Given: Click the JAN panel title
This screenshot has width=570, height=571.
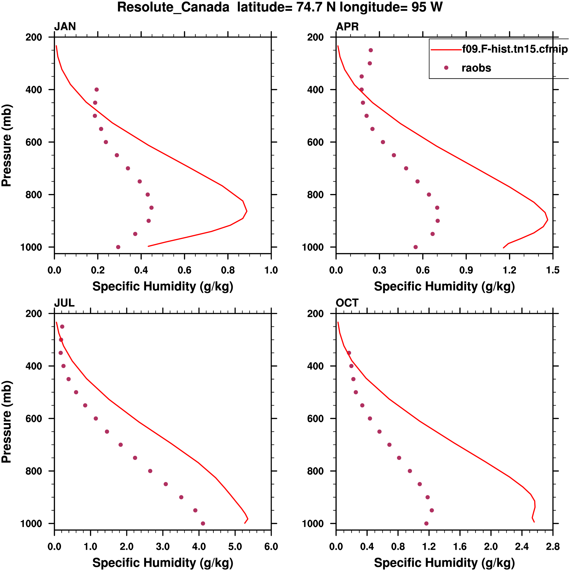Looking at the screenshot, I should point(65,27).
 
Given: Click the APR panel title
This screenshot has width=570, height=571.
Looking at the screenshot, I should point(347,27).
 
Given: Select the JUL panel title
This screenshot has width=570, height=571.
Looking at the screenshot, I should point(64,303).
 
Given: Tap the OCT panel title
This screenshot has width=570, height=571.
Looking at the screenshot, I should point(347,303).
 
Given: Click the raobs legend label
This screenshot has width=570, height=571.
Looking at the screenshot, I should point(476,68).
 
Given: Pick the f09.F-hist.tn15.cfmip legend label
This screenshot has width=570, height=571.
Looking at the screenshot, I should point(515,49).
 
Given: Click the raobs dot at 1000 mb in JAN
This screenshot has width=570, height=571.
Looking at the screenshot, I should point(118,247).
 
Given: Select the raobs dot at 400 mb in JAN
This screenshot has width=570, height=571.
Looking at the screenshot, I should point(96,90).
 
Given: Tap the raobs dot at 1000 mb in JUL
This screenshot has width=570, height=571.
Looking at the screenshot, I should point(203,523).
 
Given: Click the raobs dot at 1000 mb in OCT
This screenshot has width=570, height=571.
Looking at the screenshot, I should point(426,523).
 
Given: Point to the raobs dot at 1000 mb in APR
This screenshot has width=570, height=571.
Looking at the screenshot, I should point(415,247).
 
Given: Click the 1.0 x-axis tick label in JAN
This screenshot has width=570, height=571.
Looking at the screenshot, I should point(271,270).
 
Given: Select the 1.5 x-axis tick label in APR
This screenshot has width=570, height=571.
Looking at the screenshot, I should point(553,270).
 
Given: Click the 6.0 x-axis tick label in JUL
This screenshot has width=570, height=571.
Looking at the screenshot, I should point(271,546).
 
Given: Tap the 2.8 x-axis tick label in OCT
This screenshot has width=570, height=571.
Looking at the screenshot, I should point(553,546).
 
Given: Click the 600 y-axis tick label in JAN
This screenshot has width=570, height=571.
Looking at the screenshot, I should point(34,142).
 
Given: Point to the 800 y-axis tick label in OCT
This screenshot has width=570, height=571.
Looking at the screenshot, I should point(315,471).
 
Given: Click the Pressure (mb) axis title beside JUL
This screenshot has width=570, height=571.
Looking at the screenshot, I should point(6,422).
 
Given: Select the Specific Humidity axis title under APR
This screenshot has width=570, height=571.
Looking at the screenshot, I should point(444,286).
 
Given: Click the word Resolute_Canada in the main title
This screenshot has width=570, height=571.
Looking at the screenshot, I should point(173,7).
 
